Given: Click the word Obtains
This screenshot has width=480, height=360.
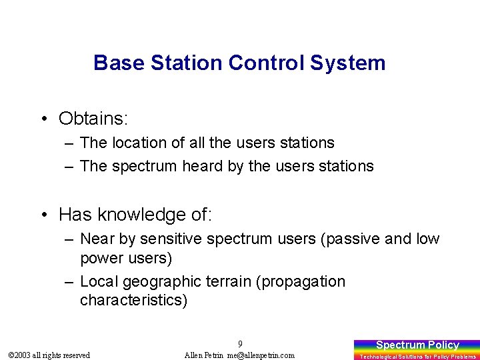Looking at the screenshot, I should pos(93,119).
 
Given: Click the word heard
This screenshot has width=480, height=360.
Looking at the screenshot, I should pos(203,166).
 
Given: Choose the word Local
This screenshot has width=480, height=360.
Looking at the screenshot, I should pos(99,281).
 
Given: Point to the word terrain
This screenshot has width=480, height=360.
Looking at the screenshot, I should pos(225,281).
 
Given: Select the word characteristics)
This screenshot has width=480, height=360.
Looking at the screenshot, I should pos(134,300).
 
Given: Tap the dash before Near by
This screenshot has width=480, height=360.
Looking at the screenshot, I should pos(69,239).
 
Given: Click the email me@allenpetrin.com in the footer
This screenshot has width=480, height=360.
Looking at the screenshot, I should pos(261,355).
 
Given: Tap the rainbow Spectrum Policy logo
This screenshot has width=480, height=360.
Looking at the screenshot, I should pos(417,349).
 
